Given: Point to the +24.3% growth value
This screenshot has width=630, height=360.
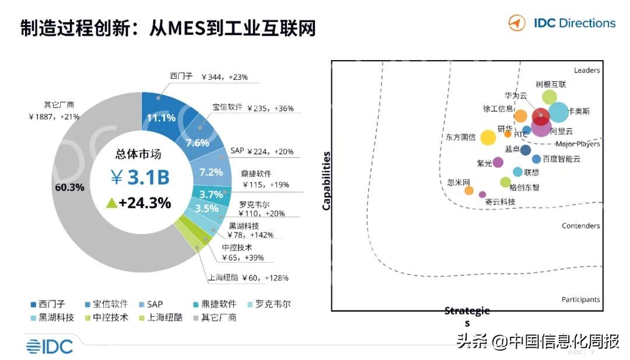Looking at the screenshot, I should coord(145,203).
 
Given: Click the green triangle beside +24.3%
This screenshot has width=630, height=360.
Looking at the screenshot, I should coord(111,203).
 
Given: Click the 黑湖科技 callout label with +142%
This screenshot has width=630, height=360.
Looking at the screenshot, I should coord(244,230).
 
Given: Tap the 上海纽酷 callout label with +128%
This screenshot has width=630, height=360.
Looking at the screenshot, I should coord(248,278).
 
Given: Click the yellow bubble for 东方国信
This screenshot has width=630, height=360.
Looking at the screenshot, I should coord(488,138).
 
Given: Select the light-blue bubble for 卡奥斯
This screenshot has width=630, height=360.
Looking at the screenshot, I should coord(558,112).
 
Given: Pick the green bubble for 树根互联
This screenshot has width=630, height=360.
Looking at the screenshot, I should coord(549,97).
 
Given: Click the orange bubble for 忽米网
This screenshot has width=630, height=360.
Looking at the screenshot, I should coord(468,190).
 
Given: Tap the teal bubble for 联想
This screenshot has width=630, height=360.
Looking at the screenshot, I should coord(517,172).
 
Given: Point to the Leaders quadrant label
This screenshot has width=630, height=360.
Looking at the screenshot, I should coord(586,71).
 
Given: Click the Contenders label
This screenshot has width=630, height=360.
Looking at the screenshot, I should coord(580,226).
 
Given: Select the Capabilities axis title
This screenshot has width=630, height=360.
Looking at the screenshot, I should coord(326,181).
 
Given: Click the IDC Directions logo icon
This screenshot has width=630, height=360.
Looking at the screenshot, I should coord(516,23).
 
